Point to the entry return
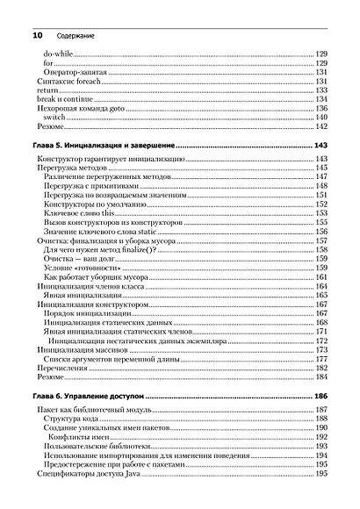coord(46,90)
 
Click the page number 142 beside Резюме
coord(321,125)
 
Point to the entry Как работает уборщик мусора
coord(103,276)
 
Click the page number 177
coord(321,358)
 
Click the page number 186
coord(321,398)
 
